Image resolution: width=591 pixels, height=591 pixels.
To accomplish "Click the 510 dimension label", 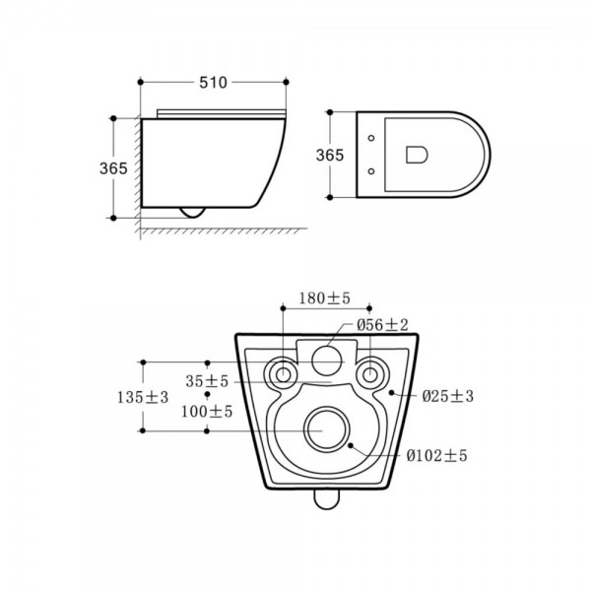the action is (x=213, y=83).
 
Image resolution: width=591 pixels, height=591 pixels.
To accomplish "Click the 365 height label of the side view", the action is (x=113, y=168).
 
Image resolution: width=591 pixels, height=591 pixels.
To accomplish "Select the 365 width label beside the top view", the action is (x=330, y=155).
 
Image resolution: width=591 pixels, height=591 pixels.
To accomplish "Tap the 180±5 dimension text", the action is (x=324, y=298).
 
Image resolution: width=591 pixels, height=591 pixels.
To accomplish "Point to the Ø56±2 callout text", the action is (x=382, y=324).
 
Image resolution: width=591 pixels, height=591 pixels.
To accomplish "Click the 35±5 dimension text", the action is (x=207, y=381).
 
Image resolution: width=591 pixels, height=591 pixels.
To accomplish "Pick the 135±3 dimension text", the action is (x=143, y=397).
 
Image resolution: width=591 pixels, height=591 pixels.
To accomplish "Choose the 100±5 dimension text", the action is (x=207, y=411).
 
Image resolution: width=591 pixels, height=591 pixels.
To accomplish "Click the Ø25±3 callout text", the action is (x=448, y=396).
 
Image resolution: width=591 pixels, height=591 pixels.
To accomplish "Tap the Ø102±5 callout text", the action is (x=436, y=456).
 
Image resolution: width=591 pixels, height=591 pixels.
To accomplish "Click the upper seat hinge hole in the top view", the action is (x=371, y=138).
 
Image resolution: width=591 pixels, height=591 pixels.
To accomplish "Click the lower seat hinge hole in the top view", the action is (x=371, y=171).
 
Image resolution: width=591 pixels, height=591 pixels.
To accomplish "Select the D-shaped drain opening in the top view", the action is (x=417, y=155).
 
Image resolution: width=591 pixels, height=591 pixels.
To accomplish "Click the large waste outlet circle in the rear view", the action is (x=327, y=429).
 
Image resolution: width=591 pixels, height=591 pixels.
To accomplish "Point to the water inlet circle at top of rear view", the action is (x=327, y=361).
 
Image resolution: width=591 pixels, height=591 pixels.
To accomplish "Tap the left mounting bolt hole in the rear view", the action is (x=283, y=374).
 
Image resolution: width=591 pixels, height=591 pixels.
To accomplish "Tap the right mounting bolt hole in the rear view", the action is (x=369, y=374).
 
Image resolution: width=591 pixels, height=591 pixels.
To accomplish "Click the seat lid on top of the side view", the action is (x=222, y=114).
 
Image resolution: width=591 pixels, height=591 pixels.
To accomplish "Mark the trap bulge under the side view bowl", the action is (x=193, y=213).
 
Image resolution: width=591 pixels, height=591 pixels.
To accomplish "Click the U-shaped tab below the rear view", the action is (x=327, y=499).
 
